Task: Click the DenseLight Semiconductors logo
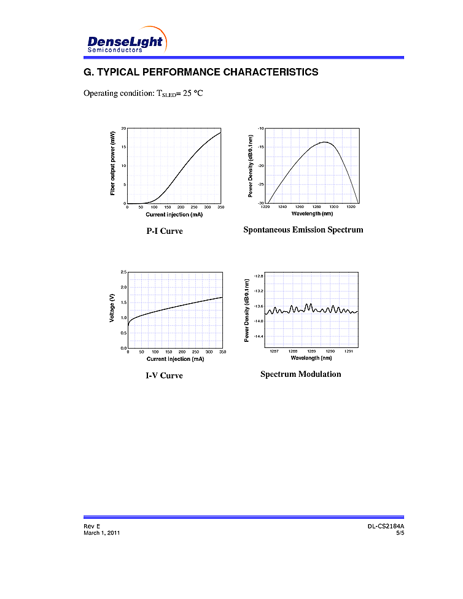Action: (x=126, y=41)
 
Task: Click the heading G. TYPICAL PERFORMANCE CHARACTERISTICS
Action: (x=201, y=72)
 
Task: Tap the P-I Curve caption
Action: (x=164, y=231)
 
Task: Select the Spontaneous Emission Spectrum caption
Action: (x=303, y=230)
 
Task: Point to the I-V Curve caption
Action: (x=164, y=376)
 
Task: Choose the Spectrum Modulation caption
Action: (x=300, y=374)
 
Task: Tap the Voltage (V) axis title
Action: (x=112, y=309)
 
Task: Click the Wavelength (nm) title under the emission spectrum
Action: (x=311, y=214)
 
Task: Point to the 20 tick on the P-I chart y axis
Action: (x=123, y=128)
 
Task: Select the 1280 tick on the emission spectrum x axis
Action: (x=316, y=207)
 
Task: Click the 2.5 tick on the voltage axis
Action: (x=123, y=272)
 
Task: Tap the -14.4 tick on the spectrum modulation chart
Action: (x=259, y=336)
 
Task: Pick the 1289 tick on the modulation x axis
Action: (x=311, y=351)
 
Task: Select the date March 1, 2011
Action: (x=101, y=533)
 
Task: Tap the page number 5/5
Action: (x=400, y=533)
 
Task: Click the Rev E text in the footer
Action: (x=91, y=527)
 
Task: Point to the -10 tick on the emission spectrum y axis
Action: (x=261, y=128)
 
